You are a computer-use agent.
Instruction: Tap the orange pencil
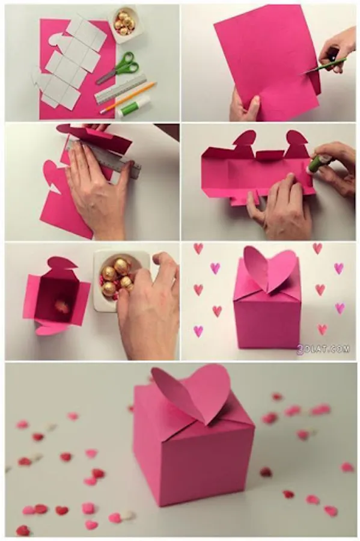tap(128, 97)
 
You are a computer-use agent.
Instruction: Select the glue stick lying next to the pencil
tap(134, 106)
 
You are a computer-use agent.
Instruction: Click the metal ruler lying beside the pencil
tap(121, 89)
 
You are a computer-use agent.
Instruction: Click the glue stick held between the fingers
tap(320, 163)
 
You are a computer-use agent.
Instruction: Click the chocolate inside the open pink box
tap(63, 307)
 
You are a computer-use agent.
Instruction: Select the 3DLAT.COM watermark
tap(323, 349)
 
